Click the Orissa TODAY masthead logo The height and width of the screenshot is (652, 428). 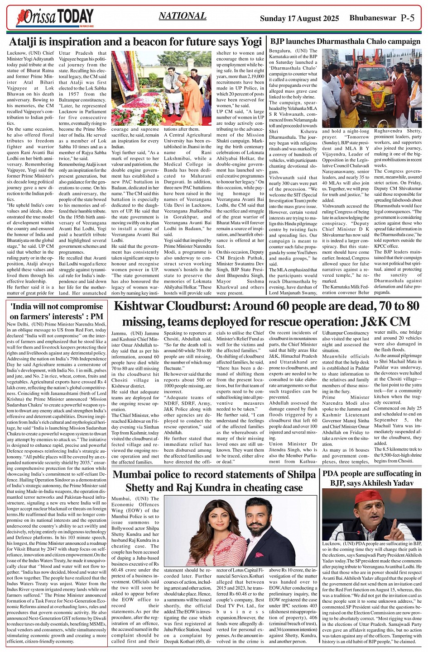54,18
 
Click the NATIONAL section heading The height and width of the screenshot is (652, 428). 182,16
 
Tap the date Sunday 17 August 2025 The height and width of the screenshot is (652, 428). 299,19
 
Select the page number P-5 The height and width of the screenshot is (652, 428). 408,18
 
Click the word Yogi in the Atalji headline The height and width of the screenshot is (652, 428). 251,42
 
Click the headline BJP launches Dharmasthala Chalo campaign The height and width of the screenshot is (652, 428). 345,42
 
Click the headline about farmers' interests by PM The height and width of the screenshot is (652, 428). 57,312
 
